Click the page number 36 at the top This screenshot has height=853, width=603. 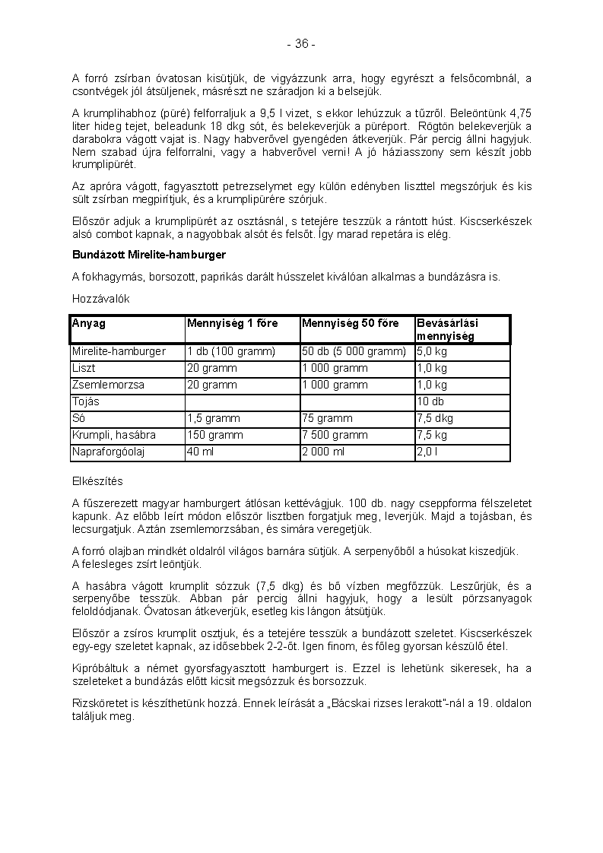[x=301, y=44]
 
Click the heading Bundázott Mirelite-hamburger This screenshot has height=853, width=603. [x=149, y=254]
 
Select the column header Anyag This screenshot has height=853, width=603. [x=89, y=323]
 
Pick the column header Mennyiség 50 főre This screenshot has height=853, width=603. [x=350, y=323]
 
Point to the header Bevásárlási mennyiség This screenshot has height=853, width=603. [x=447, y=329]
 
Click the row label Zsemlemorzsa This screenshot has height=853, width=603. [x=108, y=385]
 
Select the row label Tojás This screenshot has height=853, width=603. [x=86, y=401]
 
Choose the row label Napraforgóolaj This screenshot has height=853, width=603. [x=108, y=452]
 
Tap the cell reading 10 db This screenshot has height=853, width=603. [x=430, y=401]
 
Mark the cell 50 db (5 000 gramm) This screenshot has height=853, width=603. [x=354, y=351]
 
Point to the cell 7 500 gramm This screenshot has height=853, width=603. [x=335, y=435]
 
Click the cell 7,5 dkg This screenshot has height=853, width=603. [x=433, y=418]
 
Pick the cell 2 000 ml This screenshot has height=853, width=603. [x=323, y=452]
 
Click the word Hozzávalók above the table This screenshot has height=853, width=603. [x=101, y=299]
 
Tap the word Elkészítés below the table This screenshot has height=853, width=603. [x=97, y=481]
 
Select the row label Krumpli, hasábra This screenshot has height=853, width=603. [x=113, y=435]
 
